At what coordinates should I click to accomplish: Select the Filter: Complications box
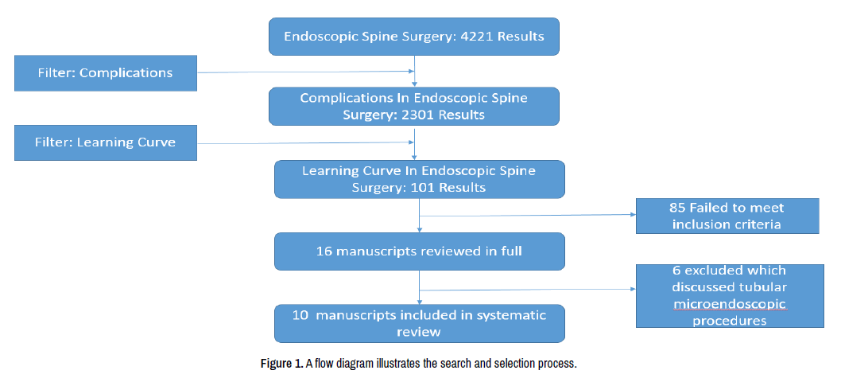click(x=106, y=73)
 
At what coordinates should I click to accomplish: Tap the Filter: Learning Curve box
click(x=106, y=142)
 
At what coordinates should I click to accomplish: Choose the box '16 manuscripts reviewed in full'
click(x=420, y=251)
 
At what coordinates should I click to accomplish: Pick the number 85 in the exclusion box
click(x=677, y=208)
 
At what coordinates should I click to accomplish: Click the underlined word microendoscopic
click(x=730, y=305)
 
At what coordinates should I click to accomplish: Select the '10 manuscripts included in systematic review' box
click(x=420, y=323)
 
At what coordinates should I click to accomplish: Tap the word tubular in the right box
click(x=767, y=286)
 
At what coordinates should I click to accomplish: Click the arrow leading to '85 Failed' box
click(x=527, y=216)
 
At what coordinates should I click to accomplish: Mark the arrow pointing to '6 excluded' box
click(x=527, y=290)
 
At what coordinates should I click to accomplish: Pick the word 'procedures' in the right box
click(x=730, y=321)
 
